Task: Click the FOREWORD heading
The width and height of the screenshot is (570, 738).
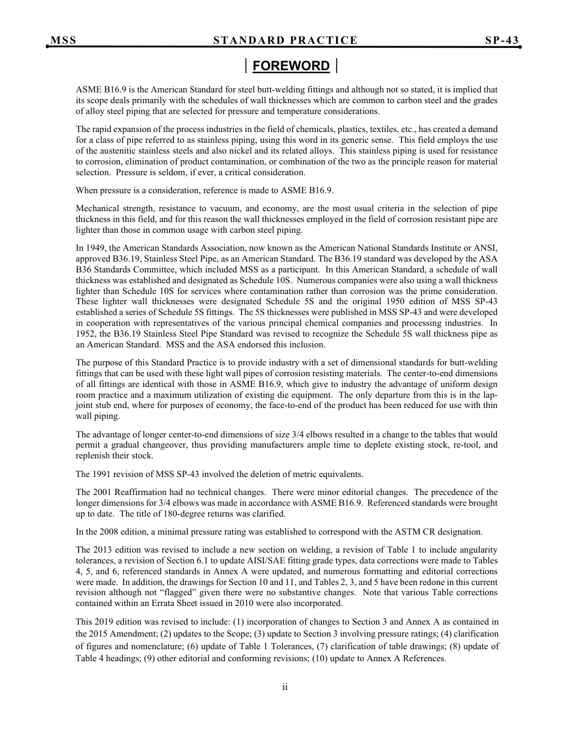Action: (291, 66)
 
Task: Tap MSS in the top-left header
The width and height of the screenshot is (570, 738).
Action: (64, 40)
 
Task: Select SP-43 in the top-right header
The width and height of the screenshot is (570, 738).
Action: (502, 40)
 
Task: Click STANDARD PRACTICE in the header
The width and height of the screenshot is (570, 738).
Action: (286, 40)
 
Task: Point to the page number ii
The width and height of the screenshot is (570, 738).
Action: (285, 688)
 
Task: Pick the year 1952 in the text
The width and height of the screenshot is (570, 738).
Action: (87, 334)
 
